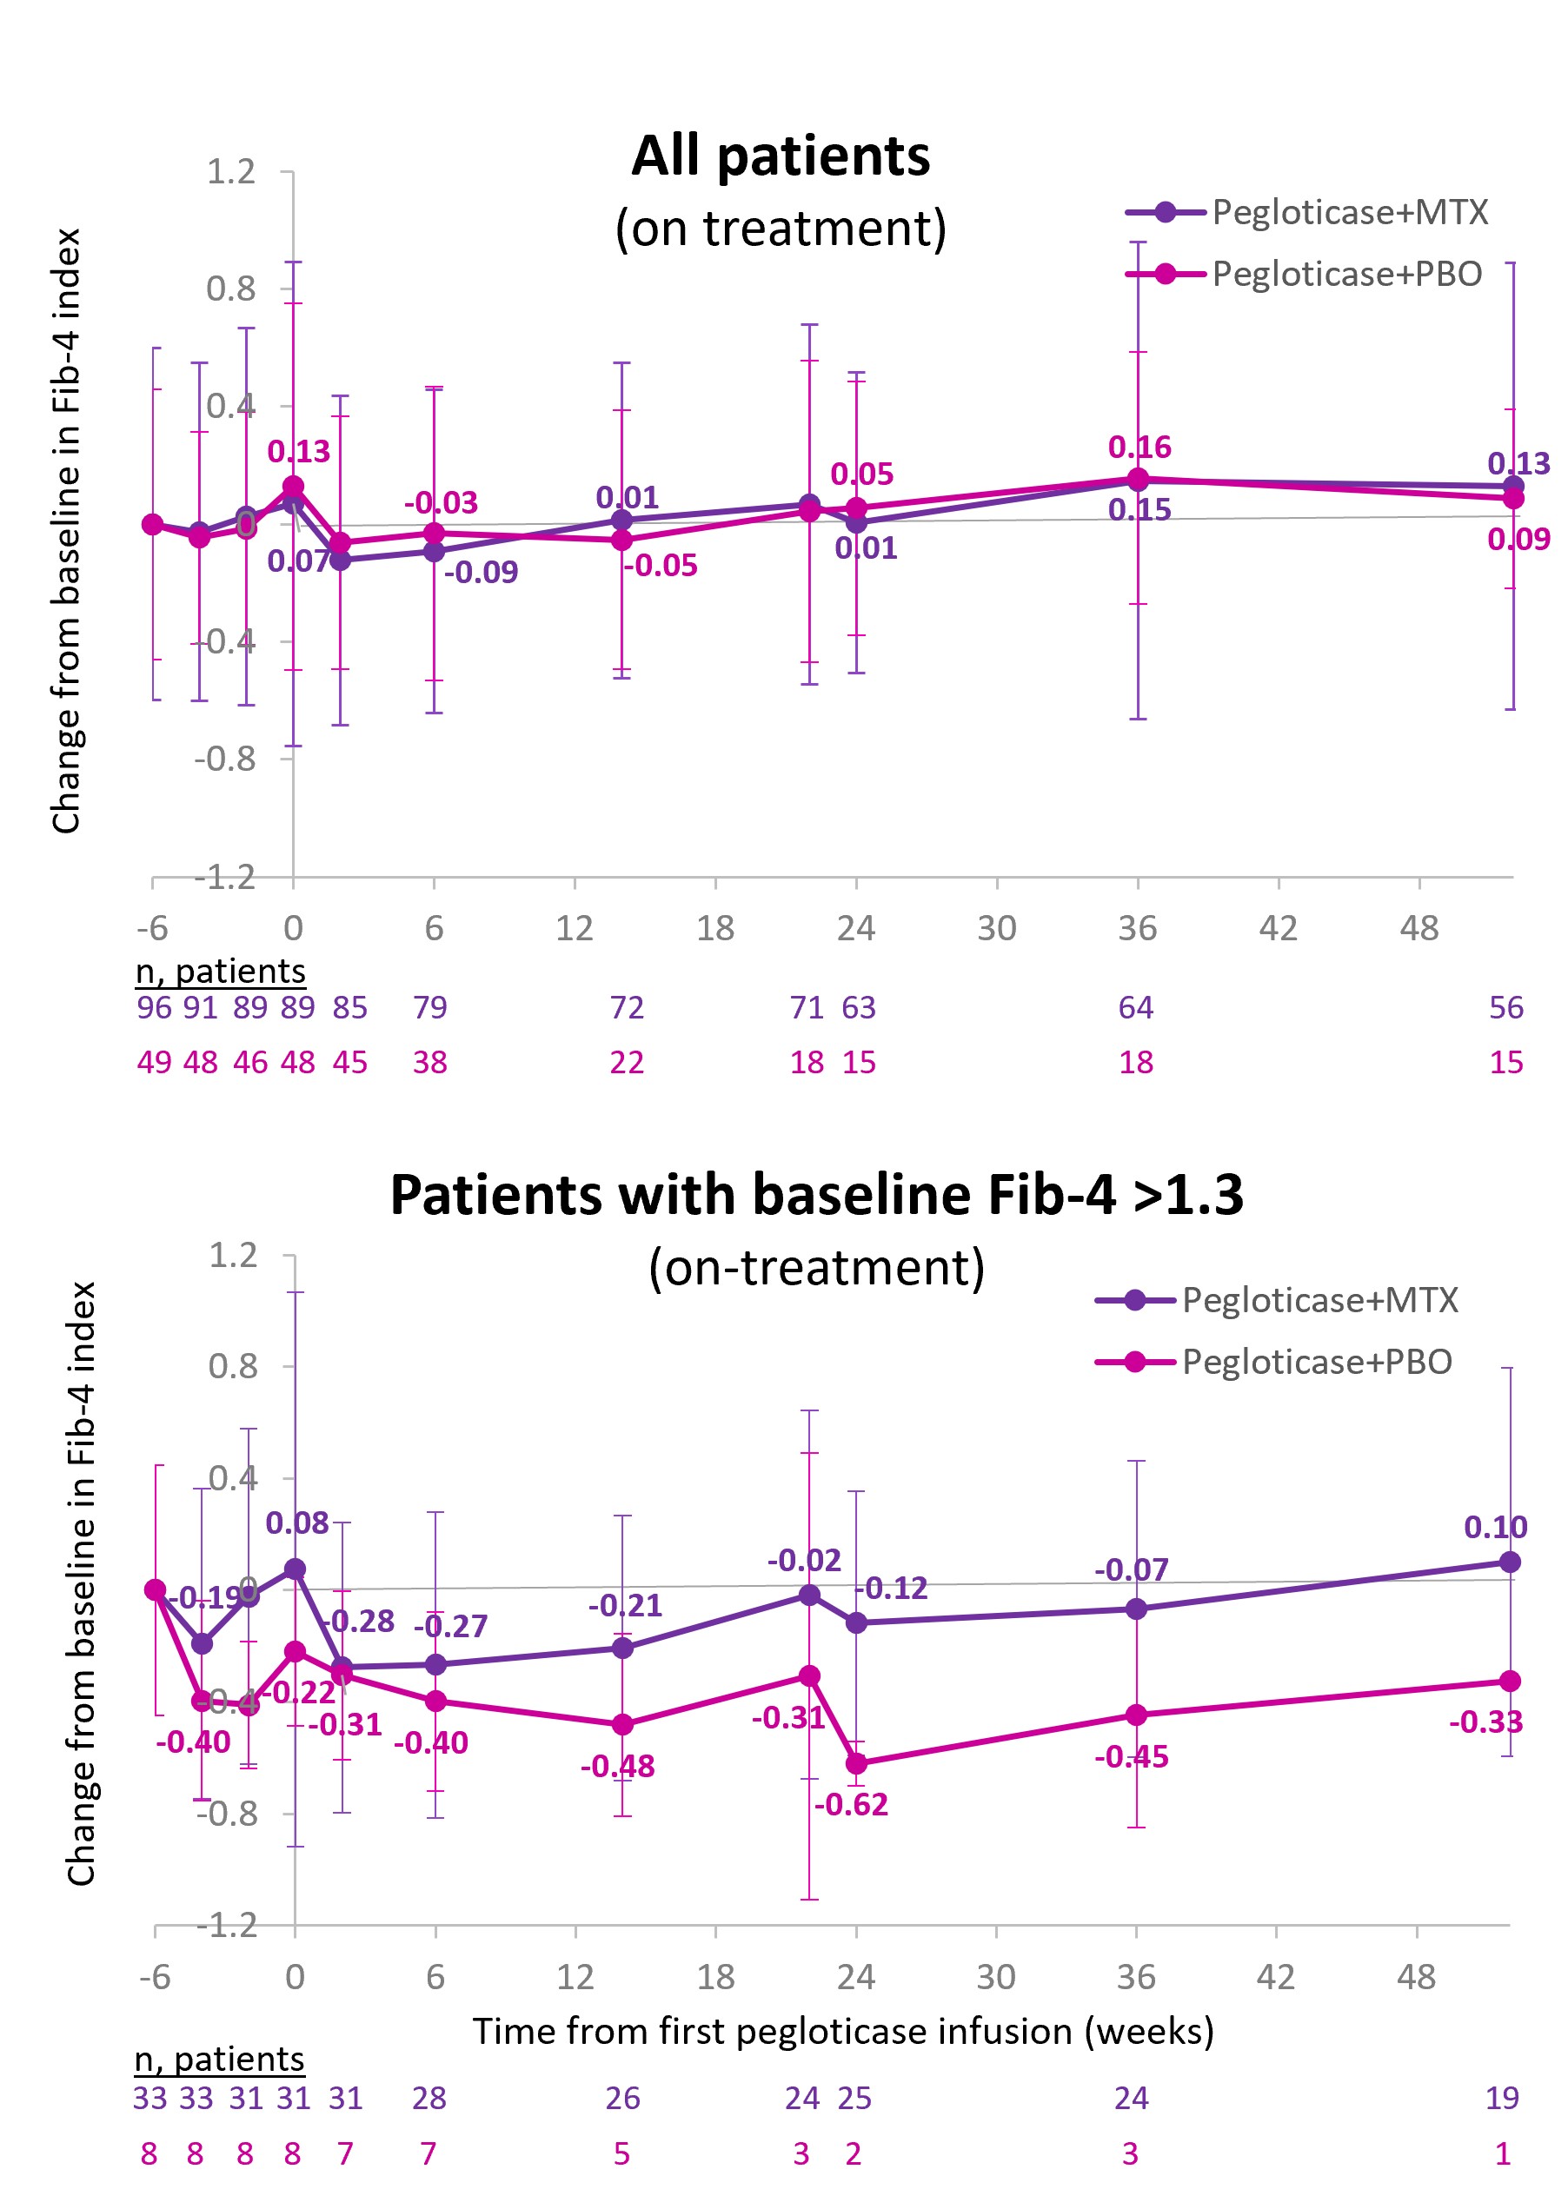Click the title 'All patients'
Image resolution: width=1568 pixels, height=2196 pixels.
[x=781, y=156]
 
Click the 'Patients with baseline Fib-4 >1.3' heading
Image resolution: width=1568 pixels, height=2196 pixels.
[x=817, y=1195]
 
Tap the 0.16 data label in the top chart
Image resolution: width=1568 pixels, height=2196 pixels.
[x=1139, y=448]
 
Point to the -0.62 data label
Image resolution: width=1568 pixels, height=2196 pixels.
[x=851, y=1804]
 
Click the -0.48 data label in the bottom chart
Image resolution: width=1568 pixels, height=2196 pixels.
[x=617, y=1767]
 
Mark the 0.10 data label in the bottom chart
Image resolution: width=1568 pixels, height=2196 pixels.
[x=1496, y=1528]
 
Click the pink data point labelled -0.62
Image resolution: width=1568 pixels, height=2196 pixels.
[x=856, y=1763]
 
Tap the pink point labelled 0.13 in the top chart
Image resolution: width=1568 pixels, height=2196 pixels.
[x=294, y=488]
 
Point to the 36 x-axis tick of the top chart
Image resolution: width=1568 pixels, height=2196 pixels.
[x=1138, y=929]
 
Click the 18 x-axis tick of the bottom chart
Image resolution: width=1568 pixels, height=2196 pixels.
[x=715, y=1977]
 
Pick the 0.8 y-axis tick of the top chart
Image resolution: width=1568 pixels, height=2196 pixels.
[x=230, y=289]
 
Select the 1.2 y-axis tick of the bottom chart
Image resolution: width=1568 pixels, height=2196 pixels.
[x=233, y=1256]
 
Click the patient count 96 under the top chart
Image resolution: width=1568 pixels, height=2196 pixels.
[x=154, y=1008]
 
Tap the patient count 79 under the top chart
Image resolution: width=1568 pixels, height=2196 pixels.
[x=430, y=1008]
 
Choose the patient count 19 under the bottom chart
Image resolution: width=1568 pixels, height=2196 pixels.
[x=1502, y=2098]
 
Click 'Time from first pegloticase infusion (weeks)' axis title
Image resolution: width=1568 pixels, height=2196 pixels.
[x=843, y=2031]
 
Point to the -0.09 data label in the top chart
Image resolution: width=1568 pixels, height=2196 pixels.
[x=481, y=573]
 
